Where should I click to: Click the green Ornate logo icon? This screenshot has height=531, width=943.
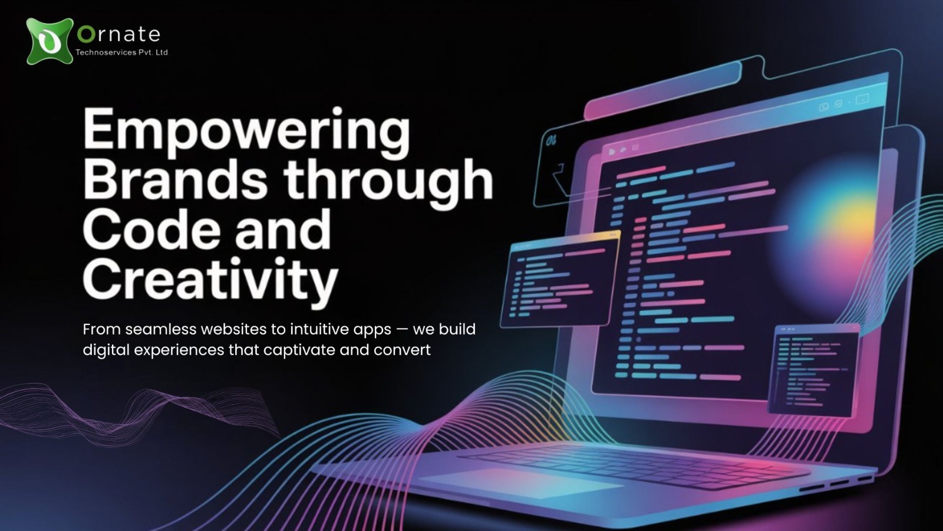(50, 41)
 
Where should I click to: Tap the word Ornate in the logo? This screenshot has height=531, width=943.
(118, 35)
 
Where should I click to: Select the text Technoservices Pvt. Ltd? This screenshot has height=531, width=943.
(122, 53)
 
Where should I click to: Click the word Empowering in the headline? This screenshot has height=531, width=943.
(246, 133)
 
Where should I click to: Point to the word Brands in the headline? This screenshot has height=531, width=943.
(175, 181)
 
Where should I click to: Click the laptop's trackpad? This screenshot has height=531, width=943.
(522, 483)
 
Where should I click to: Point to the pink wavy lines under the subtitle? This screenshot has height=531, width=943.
(139, 411)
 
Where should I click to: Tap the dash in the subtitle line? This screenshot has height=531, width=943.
(402, 330)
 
